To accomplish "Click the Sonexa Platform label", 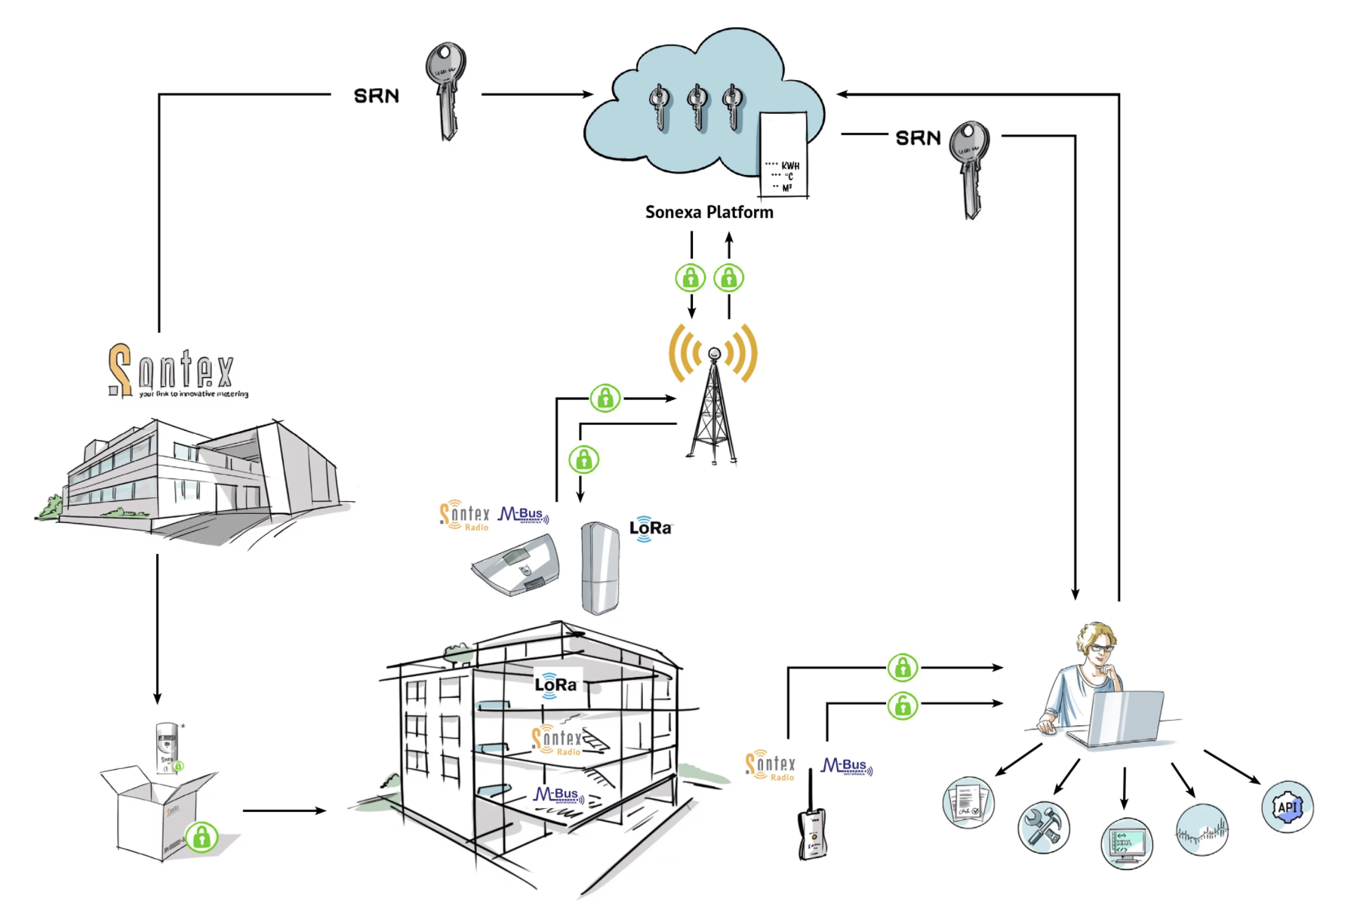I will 709,212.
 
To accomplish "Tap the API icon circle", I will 1287,807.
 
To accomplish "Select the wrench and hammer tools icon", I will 1043,827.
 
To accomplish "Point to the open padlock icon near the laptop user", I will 902,706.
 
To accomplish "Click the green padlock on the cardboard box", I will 202,837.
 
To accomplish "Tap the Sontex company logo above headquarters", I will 178,371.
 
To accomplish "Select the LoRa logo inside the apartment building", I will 556,684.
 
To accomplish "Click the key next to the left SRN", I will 446,89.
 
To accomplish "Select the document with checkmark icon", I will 968,802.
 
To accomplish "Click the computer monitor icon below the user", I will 1126,844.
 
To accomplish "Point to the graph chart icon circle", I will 1202,830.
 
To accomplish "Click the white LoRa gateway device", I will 600,568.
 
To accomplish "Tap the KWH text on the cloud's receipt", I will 789,165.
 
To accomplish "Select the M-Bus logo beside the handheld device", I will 846,767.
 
